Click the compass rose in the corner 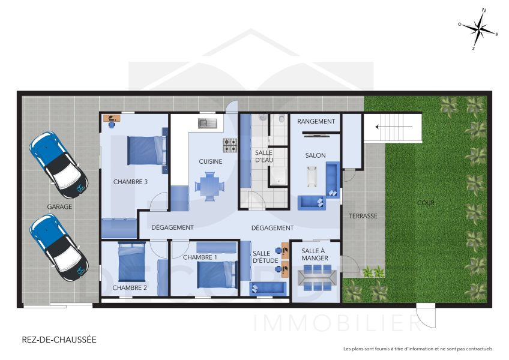478,28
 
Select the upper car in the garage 58,164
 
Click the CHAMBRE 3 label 130,181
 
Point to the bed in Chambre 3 146,150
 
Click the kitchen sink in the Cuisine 207,124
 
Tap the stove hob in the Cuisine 230,145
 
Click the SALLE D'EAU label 264,157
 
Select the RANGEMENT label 316,122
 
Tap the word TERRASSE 363,216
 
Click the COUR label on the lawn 426,203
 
